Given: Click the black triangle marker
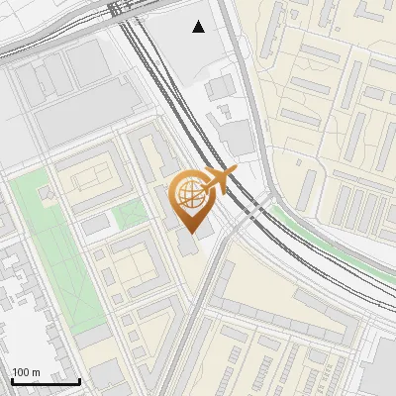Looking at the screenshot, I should pyautogui.click(x=199, y=27).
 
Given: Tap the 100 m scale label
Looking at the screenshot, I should pyautogui.click(x=27, y=371).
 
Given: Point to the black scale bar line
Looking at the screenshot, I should pyautogui.click(x=46, y=381).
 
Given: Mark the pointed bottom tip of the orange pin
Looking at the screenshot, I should pyautogui.click(x=190, y=234).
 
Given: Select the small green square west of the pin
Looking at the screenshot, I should pyautogui.click(x=129, y=214).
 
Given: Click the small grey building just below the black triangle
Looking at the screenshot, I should pyautogui.click(x=220, y=87).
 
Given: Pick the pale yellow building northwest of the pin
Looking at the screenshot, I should pyautogui.click(x=89, y=178).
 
